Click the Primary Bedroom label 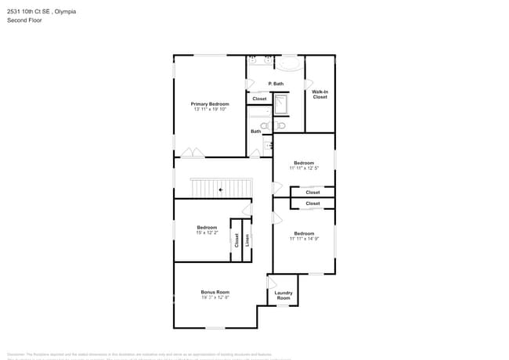(x=210, y=103)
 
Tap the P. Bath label (x=276, y=84)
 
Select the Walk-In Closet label (x=319, y=95)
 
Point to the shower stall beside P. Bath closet (x=280, y=103)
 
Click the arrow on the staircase (x=222, y=189)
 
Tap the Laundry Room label (x=283, y=296)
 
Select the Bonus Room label (x=215, y=292)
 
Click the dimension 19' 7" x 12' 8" (x=215, y=297)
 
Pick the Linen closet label (x=247, y=241)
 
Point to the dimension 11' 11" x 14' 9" (x=304, y=238)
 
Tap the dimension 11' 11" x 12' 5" (x=304, y=167)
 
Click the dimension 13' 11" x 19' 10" (x=210, y=109)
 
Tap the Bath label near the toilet (x=256, y=131)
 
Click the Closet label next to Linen (x=236, y=241)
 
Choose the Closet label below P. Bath (x=259, y=99)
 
